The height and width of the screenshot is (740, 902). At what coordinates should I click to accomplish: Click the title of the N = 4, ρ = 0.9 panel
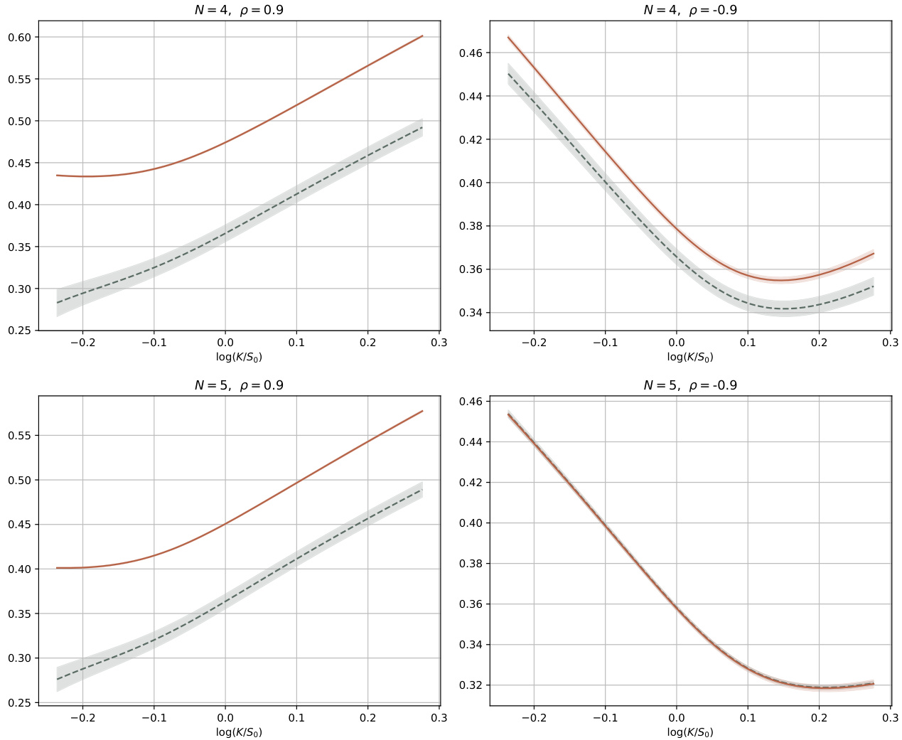(239, 10)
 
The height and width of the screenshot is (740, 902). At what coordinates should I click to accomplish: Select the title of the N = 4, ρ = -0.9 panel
(690, 10)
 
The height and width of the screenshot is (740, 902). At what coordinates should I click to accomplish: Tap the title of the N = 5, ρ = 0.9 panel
(239, 385)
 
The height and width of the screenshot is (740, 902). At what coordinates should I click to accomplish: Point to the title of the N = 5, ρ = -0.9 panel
(690, 385)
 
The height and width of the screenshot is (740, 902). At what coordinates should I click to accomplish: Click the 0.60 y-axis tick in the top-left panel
(19, 37)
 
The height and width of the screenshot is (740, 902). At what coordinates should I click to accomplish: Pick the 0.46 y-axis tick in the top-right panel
(471, 53)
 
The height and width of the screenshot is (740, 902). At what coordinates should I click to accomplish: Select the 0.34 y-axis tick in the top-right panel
(471, 313)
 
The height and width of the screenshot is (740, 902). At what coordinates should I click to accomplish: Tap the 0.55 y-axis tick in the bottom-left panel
(19, 436)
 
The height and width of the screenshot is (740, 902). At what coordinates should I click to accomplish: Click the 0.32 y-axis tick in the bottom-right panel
(471, 685)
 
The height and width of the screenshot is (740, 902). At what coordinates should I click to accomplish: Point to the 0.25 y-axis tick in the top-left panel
(19, 331)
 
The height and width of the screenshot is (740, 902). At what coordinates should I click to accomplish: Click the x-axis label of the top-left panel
(239, 357)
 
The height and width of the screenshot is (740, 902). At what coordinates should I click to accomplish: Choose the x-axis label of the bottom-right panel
(690, 732)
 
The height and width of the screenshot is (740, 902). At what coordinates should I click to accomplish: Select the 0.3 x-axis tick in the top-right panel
(890, 343)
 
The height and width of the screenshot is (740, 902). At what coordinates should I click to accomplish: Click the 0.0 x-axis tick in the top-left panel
(225, 343)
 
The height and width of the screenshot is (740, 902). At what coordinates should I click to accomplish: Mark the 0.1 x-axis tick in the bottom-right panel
(748, 718)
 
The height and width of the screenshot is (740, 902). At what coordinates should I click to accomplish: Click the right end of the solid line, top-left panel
(423, 36)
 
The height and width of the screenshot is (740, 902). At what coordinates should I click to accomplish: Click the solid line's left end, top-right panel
(508, 37)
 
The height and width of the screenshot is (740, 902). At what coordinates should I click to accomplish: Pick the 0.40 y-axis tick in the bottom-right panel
(471, 523)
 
